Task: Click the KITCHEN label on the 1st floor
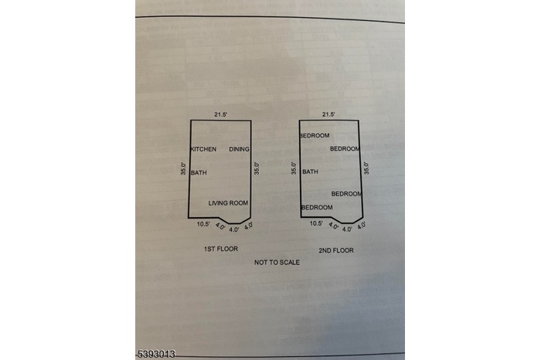[203, 149]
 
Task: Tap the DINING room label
[239, 149]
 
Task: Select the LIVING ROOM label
[228, 203]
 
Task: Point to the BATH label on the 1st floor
[199, 172]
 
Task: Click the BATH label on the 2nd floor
[310, 172]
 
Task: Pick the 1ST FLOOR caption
[221, 249]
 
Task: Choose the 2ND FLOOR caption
[336, 250]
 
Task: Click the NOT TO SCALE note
[277, 263]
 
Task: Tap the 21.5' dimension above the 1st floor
[221, 114]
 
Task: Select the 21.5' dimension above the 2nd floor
[328, 114]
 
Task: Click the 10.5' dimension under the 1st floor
[203, 224]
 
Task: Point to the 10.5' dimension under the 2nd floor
[316, 223]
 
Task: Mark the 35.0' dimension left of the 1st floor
[183, 168]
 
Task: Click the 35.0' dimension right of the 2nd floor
[366, 168]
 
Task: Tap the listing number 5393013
[157, 354]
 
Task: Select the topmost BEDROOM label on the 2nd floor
[315, 135]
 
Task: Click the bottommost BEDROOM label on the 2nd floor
[317, 207]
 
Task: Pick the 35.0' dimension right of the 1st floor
[257, 168]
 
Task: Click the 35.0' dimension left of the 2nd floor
[294, 168]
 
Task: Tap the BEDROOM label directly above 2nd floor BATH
[315, 135]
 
